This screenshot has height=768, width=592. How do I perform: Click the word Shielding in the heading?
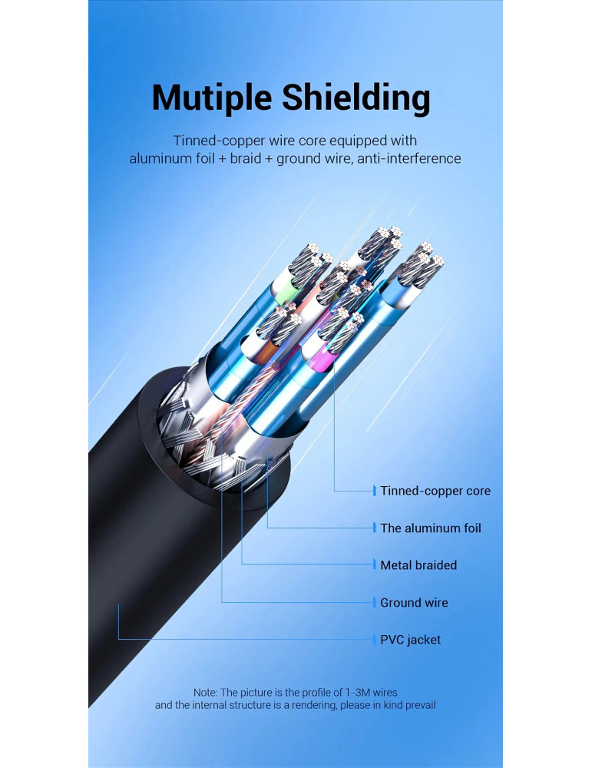point(356,98)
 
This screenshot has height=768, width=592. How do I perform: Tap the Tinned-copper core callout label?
point(435,491)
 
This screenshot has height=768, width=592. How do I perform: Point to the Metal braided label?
point(418,565)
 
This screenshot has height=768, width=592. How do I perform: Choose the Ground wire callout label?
point(414,602)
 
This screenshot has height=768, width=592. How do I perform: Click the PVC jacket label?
point(411,640)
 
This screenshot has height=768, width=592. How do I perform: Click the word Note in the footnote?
point(205,692)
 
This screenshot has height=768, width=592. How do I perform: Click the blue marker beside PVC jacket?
point(375,639)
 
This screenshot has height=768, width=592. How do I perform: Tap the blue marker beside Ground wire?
point(375,602)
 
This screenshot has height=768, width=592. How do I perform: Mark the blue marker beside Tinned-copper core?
point(375,491)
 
